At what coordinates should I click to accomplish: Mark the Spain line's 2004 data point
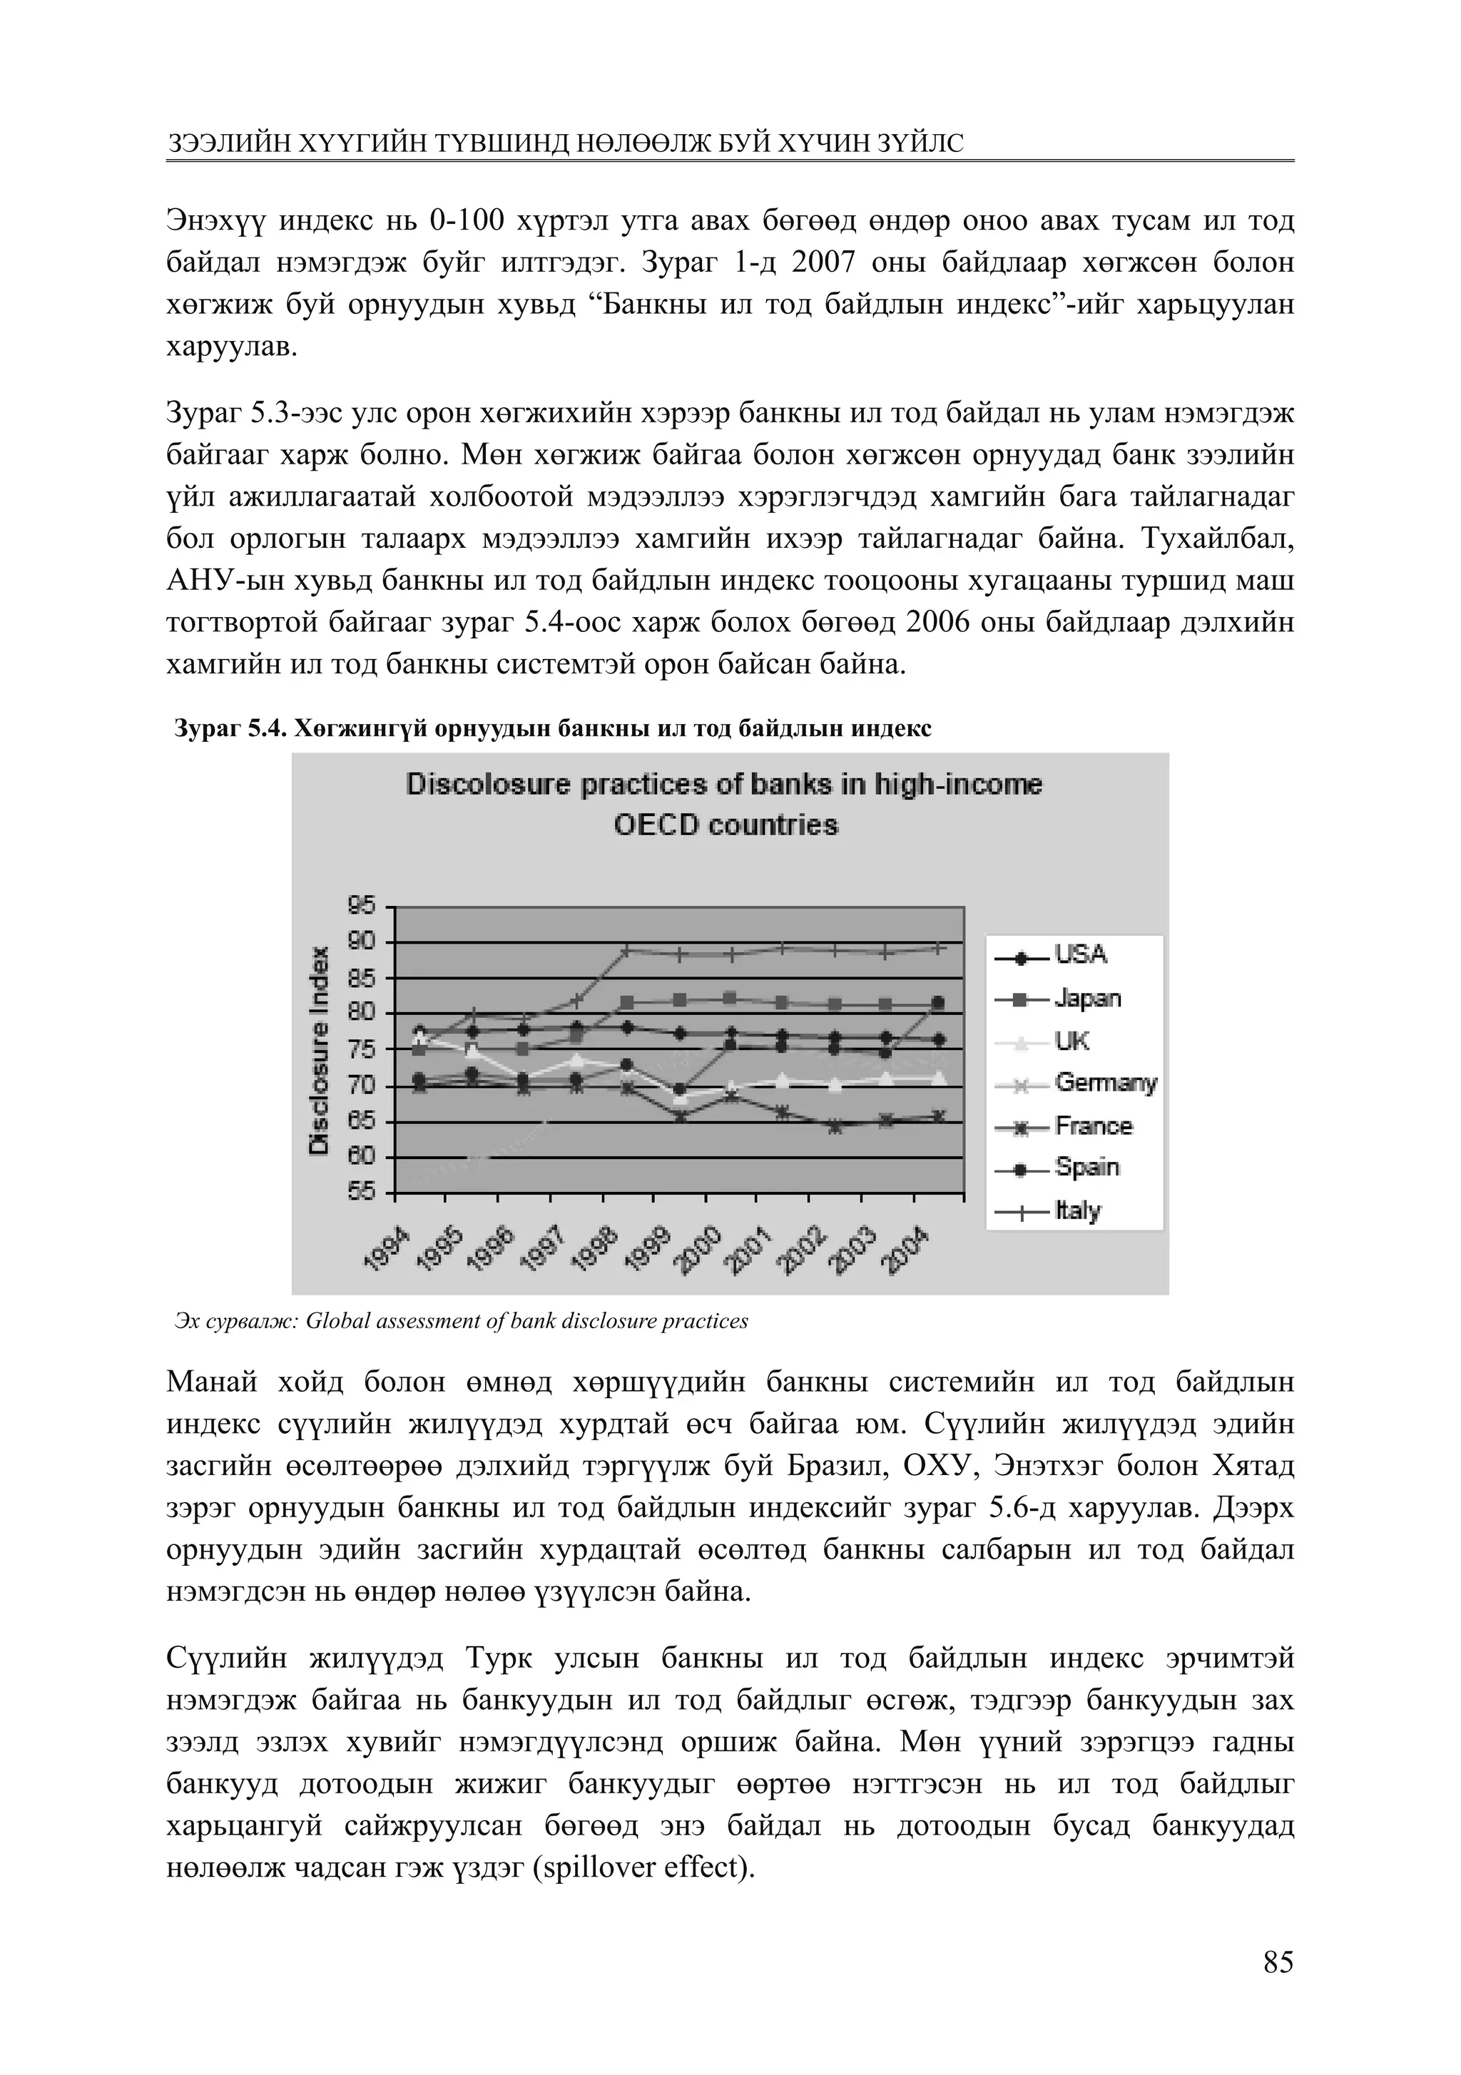click(938, 1002)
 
